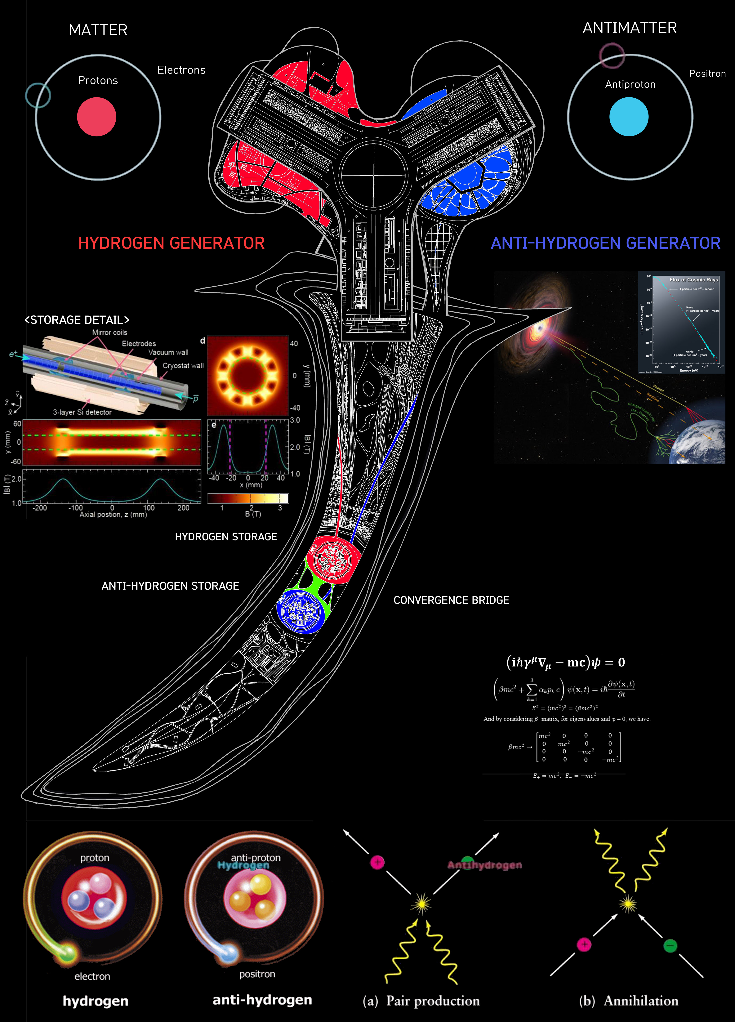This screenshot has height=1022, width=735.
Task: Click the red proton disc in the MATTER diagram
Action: [x=96, y=117]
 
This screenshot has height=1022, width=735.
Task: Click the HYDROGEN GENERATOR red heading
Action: [x=171, y=243]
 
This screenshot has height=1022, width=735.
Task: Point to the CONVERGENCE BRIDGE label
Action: [x=451, y=600]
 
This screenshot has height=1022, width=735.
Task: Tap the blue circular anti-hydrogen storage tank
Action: [x=301, y=611]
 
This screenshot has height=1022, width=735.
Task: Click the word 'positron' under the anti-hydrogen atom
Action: [x=257, y=974]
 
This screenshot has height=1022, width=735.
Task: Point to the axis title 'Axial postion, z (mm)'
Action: [x=113, y=515]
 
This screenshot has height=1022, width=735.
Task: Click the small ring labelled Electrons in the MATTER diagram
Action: [x=38, y=95]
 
